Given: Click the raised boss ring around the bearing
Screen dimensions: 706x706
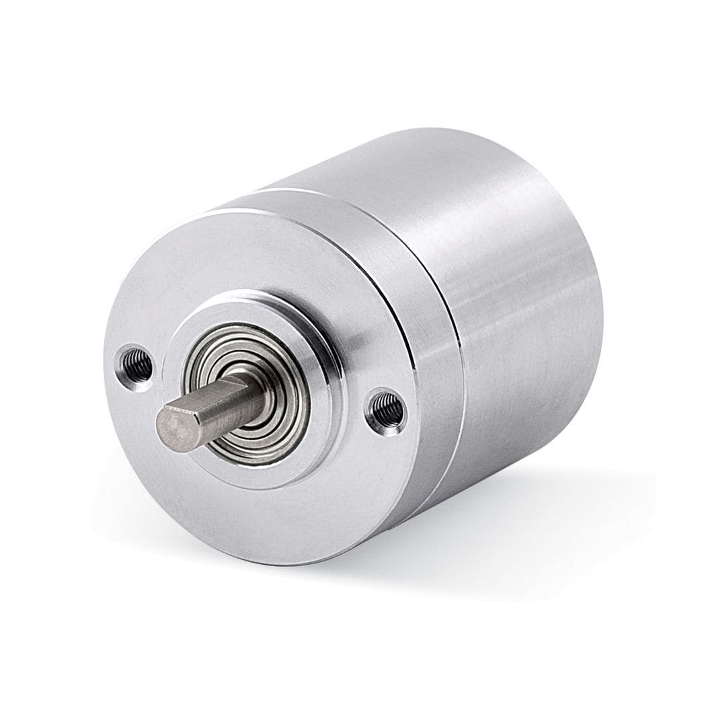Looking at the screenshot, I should click(323, 350).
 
